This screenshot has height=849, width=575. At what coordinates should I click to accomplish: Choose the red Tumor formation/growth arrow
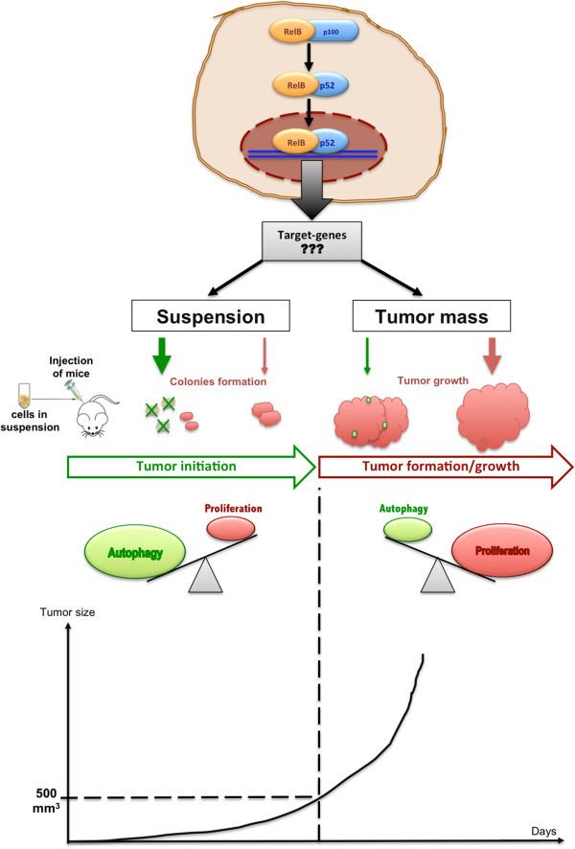[x=446, y=468]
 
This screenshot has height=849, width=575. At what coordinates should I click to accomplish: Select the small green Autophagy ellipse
[x=402, y=528]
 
